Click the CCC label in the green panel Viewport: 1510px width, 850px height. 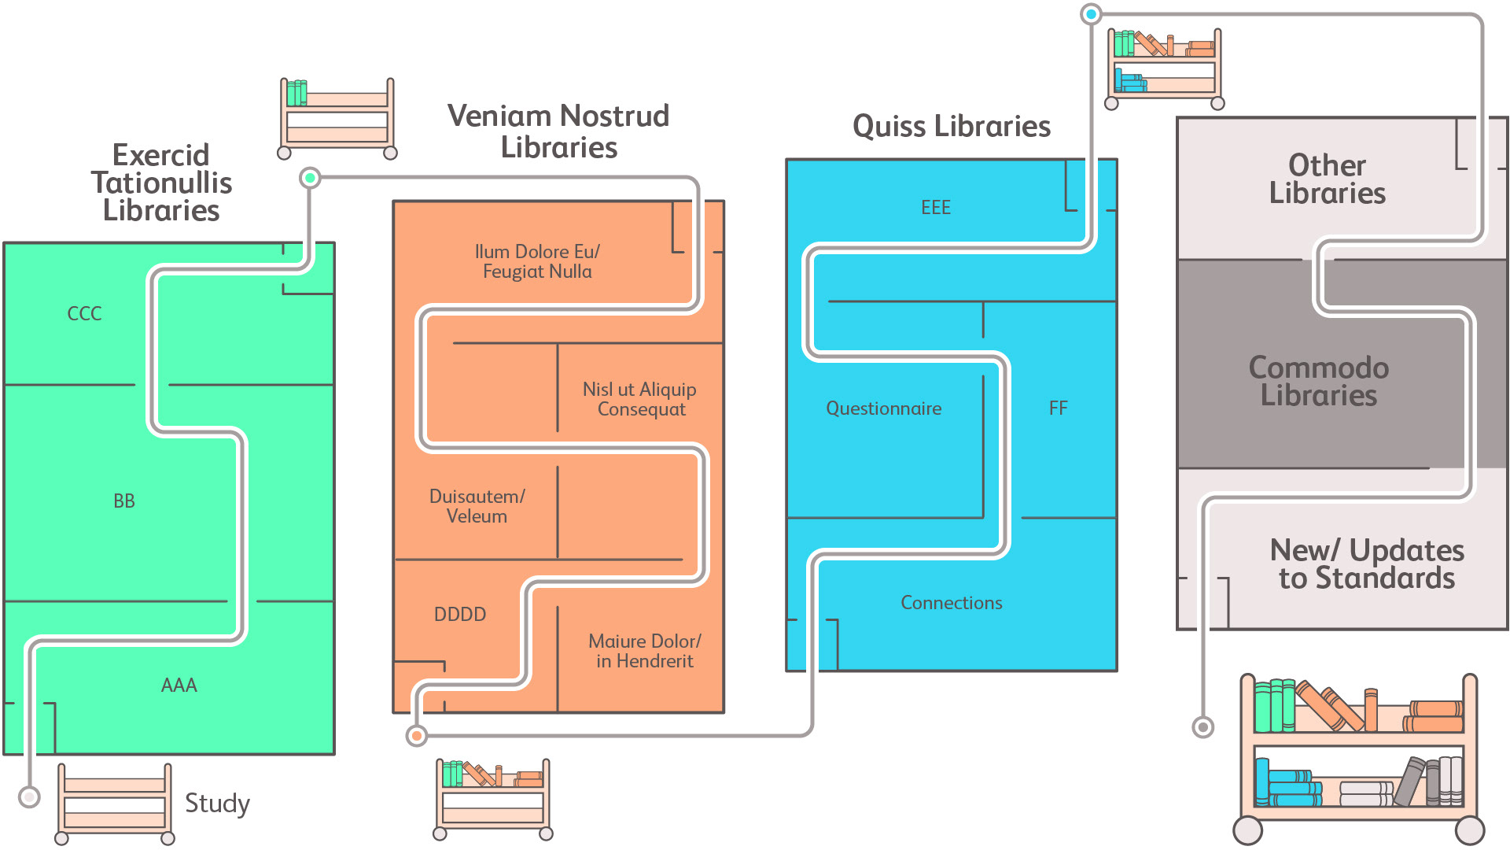pos(84,313)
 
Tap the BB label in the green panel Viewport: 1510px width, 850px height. pos(124,501)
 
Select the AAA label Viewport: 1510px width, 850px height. pos(179,685)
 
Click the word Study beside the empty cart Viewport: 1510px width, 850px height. pos(217,803)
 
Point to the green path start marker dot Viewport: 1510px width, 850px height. pos(311,178)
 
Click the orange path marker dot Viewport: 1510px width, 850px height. pos(417,736)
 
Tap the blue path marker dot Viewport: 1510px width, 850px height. pos(1091,14)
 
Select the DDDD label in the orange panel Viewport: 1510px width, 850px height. pos(460,614)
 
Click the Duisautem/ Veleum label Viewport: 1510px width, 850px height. pos(477,506)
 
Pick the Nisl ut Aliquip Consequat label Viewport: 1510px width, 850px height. pos(640,399)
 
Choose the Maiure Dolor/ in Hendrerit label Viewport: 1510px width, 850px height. pos(645,651)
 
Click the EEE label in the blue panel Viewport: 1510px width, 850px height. pos(936,207)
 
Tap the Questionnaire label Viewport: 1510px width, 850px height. pos(883,408)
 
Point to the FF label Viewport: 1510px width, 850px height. pos(1059,408)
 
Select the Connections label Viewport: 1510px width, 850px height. pos(952,603)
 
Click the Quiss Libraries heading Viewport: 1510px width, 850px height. pos(952,126)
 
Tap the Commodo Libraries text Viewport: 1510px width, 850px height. pos(1319,381)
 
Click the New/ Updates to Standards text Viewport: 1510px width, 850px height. pos(1367,564)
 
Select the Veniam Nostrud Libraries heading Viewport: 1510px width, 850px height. pos(558,131)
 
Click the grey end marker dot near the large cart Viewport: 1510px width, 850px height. pos(1202,727)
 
